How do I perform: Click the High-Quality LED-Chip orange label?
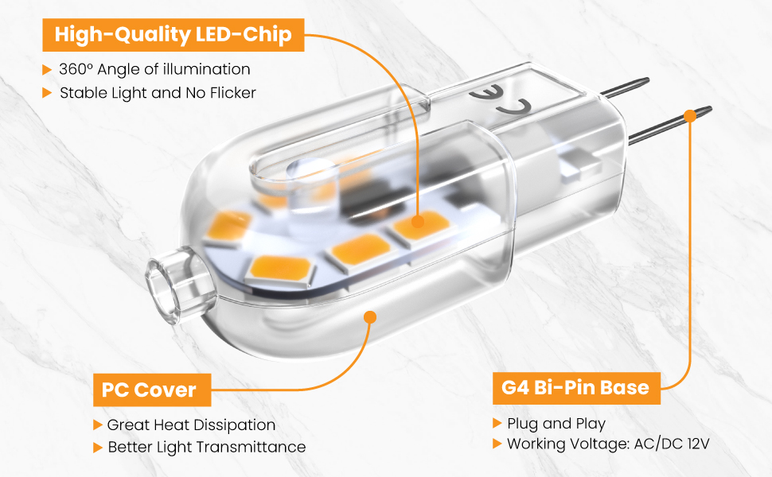(x=173, y=35)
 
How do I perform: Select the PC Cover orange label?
(x=149, y=390)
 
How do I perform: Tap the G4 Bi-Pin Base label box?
(x=575, y=388)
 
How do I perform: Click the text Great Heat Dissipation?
(x=191, y=425)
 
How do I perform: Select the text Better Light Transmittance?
(x=206, y=447)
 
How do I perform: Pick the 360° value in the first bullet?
(x=74, y=69)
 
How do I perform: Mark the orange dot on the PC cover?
(x=369, y=316)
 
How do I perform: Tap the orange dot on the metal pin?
(x=689, y=115)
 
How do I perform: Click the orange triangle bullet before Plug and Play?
(x=497, y=423)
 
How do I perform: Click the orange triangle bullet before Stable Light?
(x=48, y=93)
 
